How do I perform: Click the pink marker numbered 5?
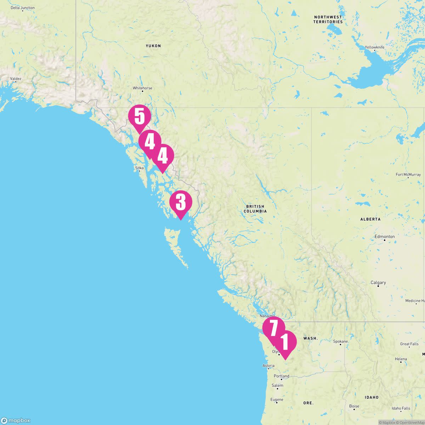140,117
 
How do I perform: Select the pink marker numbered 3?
181,202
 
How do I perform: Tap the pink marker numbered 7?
273,328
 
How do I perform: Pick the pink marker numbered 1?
285,342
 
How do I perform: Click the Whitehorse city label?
142,88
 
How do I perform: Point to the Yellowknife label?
374,47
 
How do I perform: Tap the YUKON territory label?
153,46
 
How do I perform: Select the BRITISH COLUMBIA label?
255,209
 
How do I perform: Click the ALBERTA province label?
370,219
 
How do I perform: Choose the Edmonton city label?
385,237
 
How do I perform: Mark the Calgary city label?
378,283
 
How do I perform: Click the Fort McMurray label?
408,175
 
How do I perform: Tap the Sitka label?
139,168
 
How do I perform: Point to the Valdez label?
16,79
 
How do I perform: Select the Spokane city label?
340,341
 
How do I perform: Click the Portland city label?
282,376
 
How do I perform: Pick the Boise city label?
354,406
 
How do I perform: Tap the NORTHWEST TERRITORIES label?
328,19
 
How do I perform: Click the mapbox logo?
16,420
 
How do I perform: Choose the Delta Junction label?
23,8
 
